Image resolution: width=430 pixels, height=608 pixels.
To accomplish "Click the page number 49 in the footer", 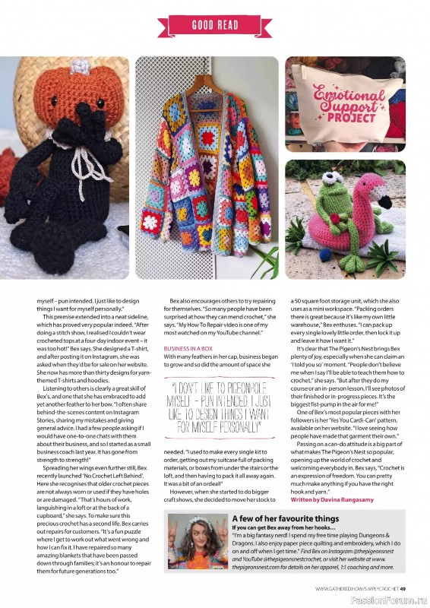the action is tap(404, 589).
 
